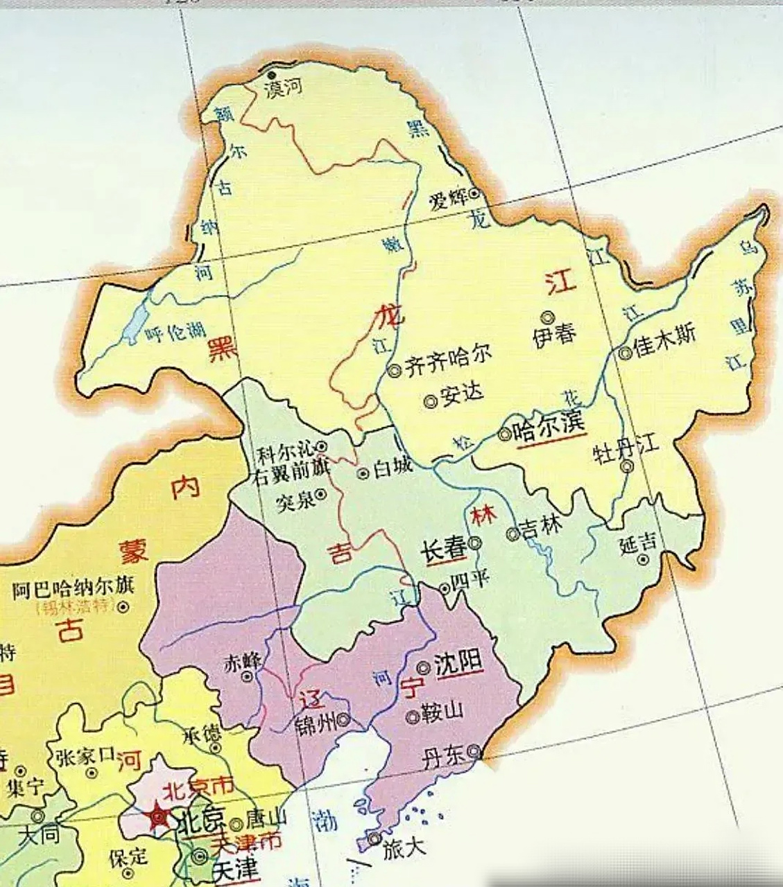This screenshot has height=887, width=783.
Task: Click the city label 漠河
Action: click(x=285, y=88)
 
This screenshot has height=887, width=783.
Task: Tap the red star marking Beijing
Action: click(x=159, y=817)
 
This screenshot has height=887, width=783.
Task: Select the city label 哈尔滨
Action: click(x=549, y=428)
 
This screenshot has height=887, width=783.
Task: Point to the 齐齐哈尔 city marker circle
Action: click(x=395, y=370)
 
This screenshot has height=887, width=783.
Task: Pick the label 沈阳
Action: click(x=458, y=664)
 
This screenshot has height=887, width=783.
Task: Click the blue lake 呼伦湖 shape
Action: click(x=135, y=322)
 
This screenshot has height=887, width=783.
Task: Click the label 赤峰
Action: click(x=241, y=661)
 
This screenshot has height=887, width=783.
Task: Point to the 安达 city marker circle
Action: click(x=430, y=400)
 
